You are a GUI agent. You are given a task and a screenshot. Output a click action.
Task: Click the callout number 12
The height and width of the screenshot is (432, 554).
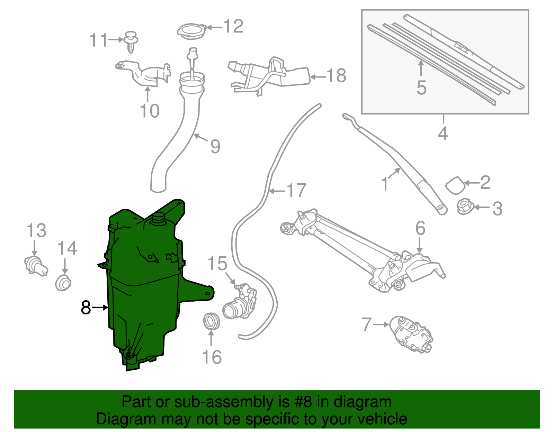coord(233,26)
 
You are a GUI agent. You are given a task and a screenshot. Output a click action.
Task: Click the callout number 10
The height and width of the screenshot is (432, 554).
coord(150,111)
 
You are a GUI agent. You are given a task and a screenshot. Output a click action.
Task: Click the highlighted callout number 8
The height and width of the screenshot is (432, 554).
coord(86,307)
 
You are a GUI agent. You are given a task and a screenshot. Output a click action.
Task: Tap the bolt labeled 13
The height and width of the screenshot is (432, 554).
coord(35,266)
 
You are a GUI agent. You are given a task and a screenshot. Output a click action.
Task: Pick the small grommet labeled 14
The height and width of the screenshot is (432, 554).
coord(63,283)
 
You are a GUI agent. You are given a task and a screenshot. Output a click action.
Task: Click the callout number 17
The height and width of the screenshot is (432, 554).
coord(296,191)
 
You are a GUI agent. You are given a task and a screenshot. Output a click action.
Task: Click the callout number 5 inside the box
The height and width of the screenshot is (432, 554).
coord(421,88)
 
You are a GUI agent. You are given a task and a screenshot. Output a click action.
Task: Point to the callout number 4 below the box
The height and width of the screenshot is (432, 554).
coord(443,134)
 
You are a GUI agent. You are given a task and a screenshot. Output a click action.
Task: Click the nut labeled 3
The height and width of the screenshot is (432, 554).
coord(464,206)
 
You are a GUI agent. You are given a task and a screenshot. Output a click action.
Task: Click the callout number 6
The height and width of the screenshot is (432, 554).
coord(420,229)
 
